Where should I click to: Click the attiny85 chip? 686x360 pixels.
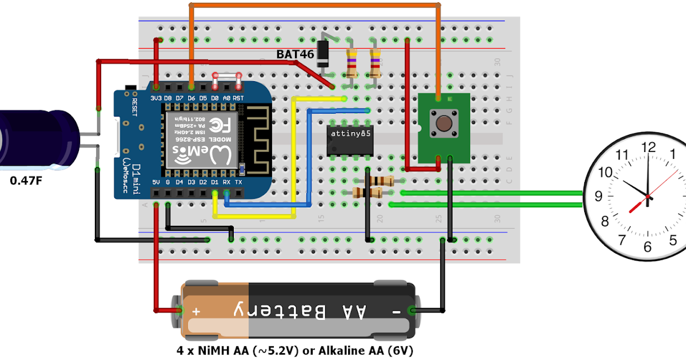point(350,140)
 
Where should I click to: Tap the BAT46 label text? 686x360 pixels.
point(296,54)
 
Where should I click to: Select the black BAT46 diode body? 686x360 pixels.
point(324,53)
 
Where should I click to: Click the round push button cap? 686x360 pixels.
point(444,123)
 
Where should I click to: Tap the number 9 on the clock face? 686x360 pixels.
point(599,196)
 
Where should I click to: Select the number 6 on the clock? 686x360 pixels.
point(647,247)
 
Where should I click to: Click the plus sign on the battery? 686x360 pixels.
point(197,311)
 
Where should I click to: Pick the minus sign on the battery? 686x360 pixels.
point(395,311)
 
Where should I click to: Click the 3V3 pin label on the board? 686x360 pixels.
point(156,98)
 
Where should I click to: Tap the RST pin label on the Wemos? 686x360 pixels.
point(238,98)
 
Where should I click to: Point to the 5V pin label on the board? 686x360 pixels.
point(156,182)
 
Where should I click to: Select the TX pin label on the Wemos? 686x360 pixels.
point(238,182)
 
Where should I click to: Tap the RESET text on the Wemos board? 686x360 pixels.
point(135,107)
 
